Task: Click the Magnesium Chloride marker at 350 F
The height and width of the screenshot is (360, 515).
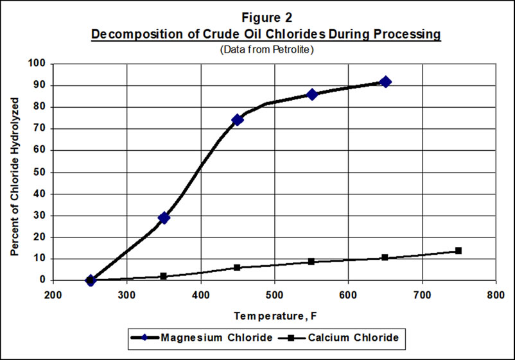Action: tap(164, 218)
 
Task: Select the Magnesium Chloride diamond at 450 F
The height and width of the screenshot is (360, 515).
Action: tap(238, 120)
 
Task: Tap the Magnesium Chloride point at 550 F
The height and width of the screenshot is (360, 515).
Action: tap(312, 94)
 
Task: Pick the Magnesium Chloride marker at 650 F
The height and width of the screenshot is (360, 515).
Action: tap(385, 81)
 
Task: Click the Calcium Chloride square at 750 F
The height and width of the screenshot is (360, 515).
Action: tap(458, 250)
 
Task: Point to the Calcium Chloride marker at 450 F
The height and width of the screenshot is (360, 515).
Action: tap(237, 267)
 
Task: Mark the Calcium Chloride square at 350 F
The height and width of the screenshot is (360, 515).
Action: tap(163, 276)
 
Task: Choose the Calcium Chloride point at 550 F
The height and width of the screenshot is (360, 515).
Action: tap(311, 261)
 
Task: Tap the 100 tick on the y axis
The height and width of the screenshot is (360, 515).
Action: tap(40, 64)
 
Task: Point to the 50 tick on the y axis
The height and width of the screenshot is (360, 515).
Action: tap(42, 172)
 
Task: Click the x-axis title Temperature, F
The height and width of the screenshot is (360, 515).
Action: tap(274, 316)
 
